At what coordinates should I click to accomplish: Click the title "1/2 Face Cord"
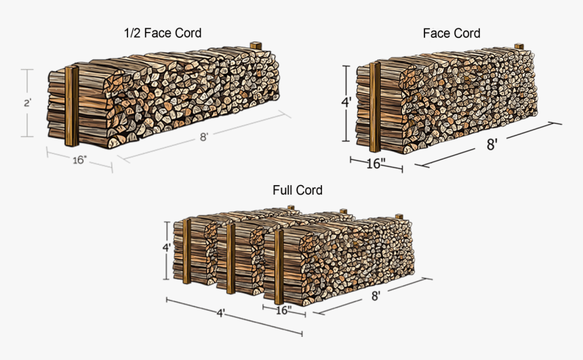click(162, 33)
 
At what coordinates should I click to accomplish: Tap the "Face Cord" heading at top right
click(451, 33)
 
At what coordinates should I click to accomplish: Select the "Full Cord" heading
click(297, 190)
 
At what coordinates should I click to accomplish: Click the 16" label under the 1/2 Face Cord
click(79, 160)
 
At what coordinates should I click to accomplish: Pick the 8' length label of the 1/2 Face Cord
click(203, 136)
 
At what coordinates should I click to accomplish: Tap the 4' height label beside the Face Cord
click(346, 103)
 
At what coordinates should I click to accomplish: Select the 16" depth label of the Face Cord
click(376, 163)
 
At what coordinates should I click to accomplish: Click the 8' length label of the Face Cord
click(492, 144)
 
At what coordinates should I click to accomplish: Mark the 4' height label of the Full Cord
click(167, 247)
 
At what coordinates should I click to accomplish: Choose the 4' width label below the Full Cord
click(221, 314)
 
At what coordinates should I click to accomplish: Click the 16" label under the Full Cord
click(283, 311)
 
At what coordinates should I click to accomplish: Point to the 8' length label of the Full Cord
click(375, 296)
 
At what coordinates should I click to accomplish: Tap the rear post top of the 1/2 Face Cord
click(256, 46)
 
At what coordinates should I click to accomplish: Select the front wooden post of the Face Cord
click(374, 107)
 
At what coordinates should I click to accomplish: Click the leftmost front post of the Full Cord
click(186, 251)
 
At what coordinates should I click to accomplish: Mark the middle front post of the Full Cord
click(231, 259)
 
